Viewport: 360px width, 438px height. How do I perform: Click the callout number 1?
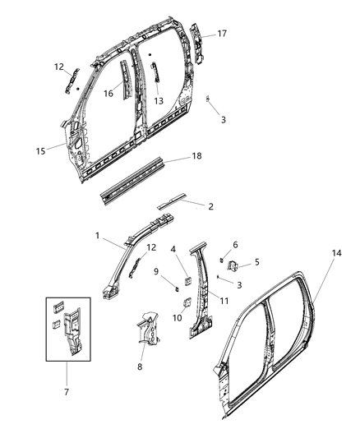point(97,236)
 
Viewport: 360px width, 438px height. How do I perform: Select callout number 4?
point(173,249)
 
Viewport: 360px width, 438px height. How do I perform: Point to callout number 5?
point(256,262)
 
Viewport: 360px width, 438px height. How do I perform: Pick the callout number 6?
point(236,244)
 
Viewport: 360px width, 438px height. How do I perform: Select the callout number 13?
point(159,101)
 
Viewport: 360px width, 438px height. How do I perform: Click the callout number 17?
point(221,34)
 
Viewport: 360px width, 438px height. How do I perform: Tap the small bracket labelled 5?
point(233,265)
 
